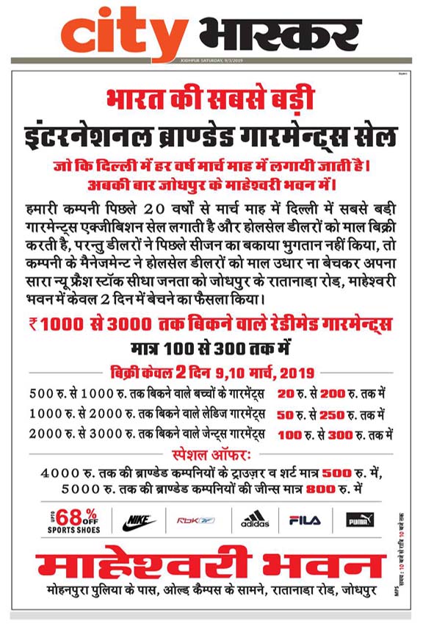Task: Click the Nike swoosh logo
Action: (139, 521)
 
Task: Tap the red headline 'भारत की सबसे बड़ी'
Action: (211, 98)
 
